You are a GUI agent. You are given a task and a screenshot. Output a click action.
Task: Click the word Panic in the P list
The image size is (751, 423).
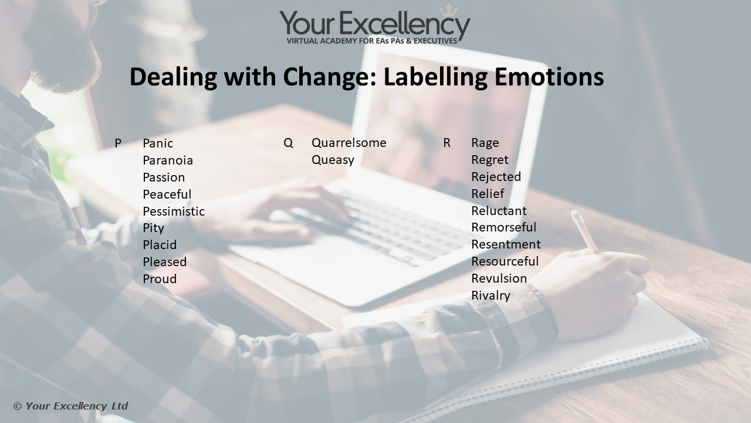pyautogui.click(x=158, y=143)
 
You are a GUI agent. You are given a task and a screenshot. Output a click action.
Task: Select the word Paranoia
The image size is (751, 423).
pyautogui.click(x=168, y=160)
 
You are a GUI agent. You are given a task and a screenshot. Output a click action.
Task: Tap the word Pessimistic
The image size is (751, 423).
pyautogui.click(x=174, y=211)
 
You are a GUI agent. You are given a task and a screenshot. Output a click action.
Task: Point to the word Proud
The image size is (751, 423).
pyautogui.click(x=160, y=279)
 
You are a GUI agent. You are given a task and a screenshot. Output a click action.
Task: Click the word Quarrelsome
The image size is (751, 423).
pyautogui.click(x=349, y=143)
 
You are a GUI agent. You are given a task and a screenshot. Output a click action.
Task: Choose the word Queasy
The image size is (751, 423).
pyautogui.click(x=333, y=160)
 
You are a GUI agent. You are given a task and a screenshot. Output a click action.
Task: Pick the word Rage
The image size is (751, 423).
pyautogui.click(x=485, y=143)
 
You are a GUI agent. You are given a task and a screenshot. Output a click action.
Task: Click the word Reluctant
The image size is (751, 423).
pyautogui.click(x=499, y=211)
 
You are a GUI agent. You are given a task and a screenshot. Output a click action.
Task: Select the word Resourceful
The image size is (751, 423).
pyautogui.click(x=505, y=261)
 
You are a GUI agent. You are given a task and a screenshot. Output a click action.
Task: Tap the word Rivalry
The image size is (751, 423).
pyautogui.click(x=491, y=296)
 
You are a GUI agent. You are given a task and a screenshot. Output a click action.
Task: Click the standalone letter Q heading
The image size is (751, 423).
pyautogui.click(x=288, y=143)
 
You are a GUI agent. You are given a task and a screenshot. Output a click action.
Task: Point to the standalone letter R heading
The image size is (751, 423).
pyautogui.click(x=447, y=143)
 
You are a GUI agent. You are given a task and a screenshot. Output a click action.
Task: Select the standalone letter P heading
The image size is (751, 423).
pyautogui.click(x=118, y=143)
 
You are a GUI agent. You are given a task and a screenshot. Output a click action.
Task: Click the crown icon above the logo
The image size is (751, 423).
pyautogui.click(x=448, y=11)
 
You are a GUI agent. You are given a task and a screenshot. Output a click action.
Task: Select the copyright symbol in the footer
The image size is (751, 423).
pyautogui.click(x=18, y=407)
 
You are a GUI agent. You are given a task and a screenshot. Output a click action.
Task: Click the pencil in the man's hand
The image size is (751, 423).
pyautogui.click(x=585, y=231)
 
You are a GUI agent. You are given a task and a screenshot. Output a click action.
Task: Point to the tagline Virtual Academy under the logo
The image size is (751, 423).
pyautogui.click(x=372, y=41)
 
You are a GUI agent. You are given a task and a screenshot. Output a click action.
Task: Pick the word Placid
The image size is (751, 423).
pyautogui.click(x=160, y=245)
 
